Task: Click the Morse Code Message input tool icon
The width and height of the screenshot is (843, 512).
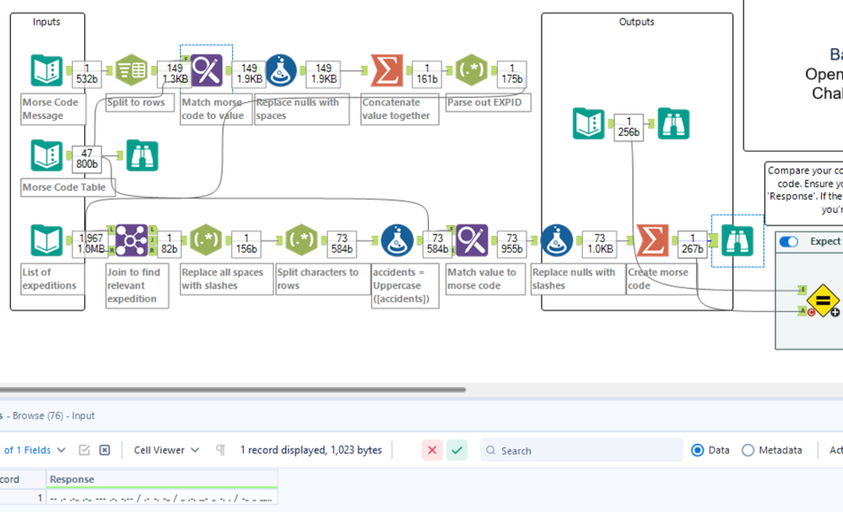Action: (x=46, y=72)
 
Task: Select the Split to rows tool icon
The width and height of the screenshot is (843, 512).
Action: (x=131, y=72)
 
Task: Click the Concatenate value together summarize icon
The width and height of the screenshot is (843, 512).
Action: (x=386, y=72)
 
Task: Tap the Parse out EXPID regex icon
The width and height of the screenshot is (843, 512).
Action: (x=471, y=72)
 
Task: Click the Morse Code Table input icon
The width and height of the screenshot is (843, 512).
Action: (x=46, y=156)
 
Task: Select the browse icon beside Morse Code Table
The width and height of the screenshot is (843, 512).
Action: (x=141, y=156)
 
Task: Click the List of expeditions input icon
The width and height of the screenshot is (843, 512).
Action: (x=46, y=241)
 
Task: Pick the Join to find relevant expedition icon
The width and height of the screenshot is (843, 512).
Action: (x=131, y=241)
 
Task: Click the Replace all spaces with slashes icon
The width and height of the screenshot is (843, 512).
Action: (x=205, y=241)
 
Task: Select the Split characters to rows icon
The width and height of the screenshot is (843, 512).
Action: (x=301, y=241)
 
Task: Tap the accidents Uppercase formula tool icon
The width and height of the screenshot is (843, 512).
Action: (x=397, y=241)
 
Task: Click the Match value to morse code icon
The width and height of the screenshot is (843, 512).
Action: (x=471, y=241)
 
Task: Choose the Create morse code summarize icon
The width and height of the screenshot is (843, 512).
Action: (x=651, y=241)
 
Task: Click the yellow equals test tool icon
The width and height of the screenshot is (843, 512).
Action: (x=822, y=300)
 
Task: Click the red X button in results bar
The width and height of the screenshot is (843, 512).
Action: (x=432, y=450)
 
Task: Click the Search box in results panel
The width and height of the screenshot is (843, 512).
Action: (x=582, y=450)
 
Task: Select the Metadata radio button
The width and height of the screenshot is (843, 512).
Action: (x=748, y=450)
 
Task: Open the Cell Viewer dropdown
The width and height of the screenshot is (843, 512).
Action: (x=166, y=450)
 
